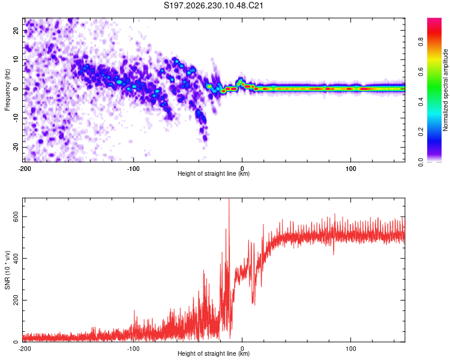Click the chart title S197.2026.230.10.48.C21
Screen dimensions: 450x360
pos(213,5)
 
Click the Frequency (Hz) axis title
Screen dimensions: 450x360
pos(7,90)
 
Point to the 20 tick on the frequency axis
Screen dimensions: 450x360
pos(16,31)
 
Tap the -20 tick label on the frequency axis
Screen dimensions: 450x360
pos(16,147)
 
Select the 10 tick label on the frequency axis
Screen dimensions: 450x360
pos(16,60)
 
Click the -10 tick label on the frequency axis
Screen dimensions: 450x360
pos(16,118)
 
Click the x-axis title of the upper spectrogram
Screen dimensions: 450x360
pos(214,173)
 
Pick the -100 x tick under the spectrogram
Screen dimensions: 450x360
pos(133,169)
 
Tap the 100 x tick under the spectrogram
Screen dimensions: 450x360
pos(351,169)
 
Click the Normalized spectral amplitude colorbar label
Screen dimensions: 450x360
pos(445,90)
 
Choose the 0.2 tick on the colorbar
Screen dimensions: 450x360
pos(421,131)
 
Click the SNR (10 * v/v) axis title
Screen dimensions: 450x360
pos(7,270)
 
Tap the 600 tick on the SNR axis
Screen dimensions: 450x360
pos(16,217)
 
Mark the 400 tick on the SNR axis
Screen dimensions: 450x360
pos(16,259)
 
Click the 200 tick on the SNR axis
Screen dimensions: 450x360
pos(16,300)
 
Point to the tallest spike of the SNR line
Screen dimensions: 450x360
pos(229,199)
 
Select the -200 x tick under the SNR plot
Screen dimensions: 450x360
pos(25,349)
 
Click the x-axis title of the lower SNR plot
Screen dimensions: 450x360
pos(214,353)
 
